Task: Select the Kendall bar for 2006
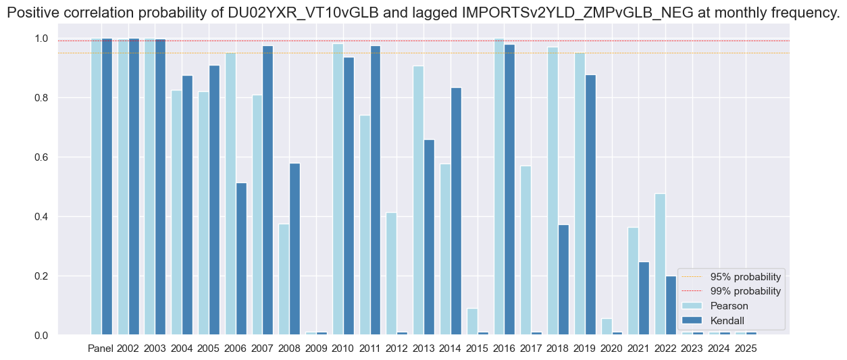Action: click(x=241, y=259)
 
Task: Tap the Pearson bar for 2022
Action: click(x=660, y=264)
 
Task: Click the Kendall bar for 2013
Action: click(x=429, y=237)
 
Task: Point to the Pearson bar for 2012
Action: click(x=391, y=274)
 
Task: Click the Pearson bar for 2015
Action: click(x=471, y=322)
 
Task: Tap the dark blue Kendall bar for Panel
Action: click(x=107, y=186)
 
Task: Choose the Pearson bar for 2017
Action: click(x=525, y=250)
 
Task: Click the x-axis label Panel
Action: click(x=101, y=349)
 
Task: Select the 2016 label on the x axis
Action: click(x=504, y=349)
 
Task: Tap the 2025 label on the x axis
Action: click(x=746, y=349)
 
